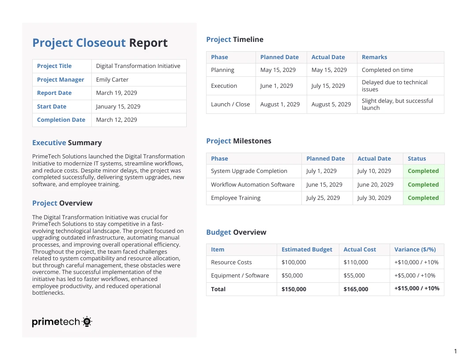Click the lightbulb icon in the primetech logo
pos(87,322)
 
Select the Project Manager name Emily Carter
pos(112,79)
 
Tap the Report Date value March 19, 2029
pos(116,93)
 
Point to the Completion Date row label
pos(61,120)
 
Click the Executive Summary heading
pos(67,143)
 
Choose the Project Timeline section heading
pos(235,40)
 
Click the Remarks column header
pos(374,57)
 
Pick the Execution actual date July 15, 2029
pos(328,86)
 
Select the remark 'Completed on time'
pos(387,70)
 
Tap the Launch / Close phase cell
pos(230,104)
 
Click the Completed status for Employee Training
pos(423,198)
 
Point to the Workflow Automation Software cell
pos(252,184)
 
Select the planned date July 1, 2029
pos(321,171)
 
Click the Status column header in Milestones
pos(417,158)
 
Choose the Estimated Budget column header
pos(307,249)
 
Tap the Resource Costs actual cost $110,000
pos(356,262)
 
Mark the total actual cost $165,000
pos(356,289)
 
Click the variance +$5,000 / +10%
pos(415,275)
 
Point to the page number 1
pos(455,351)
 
